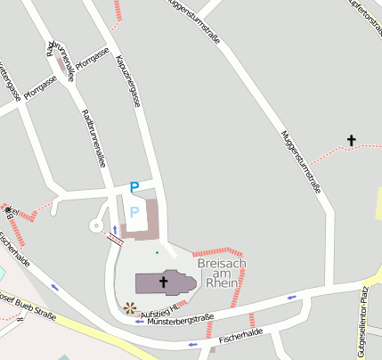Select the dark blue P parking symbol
134,187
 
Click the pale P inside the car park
134,211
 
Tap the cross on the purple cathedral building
163,282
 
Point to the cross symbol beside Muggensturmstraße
351,140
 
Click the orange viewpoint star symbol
130,308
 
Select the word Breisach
222,265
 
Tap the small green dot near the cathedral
157,252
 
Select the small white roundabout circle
95,225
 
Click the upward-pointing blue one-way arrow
113,229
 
